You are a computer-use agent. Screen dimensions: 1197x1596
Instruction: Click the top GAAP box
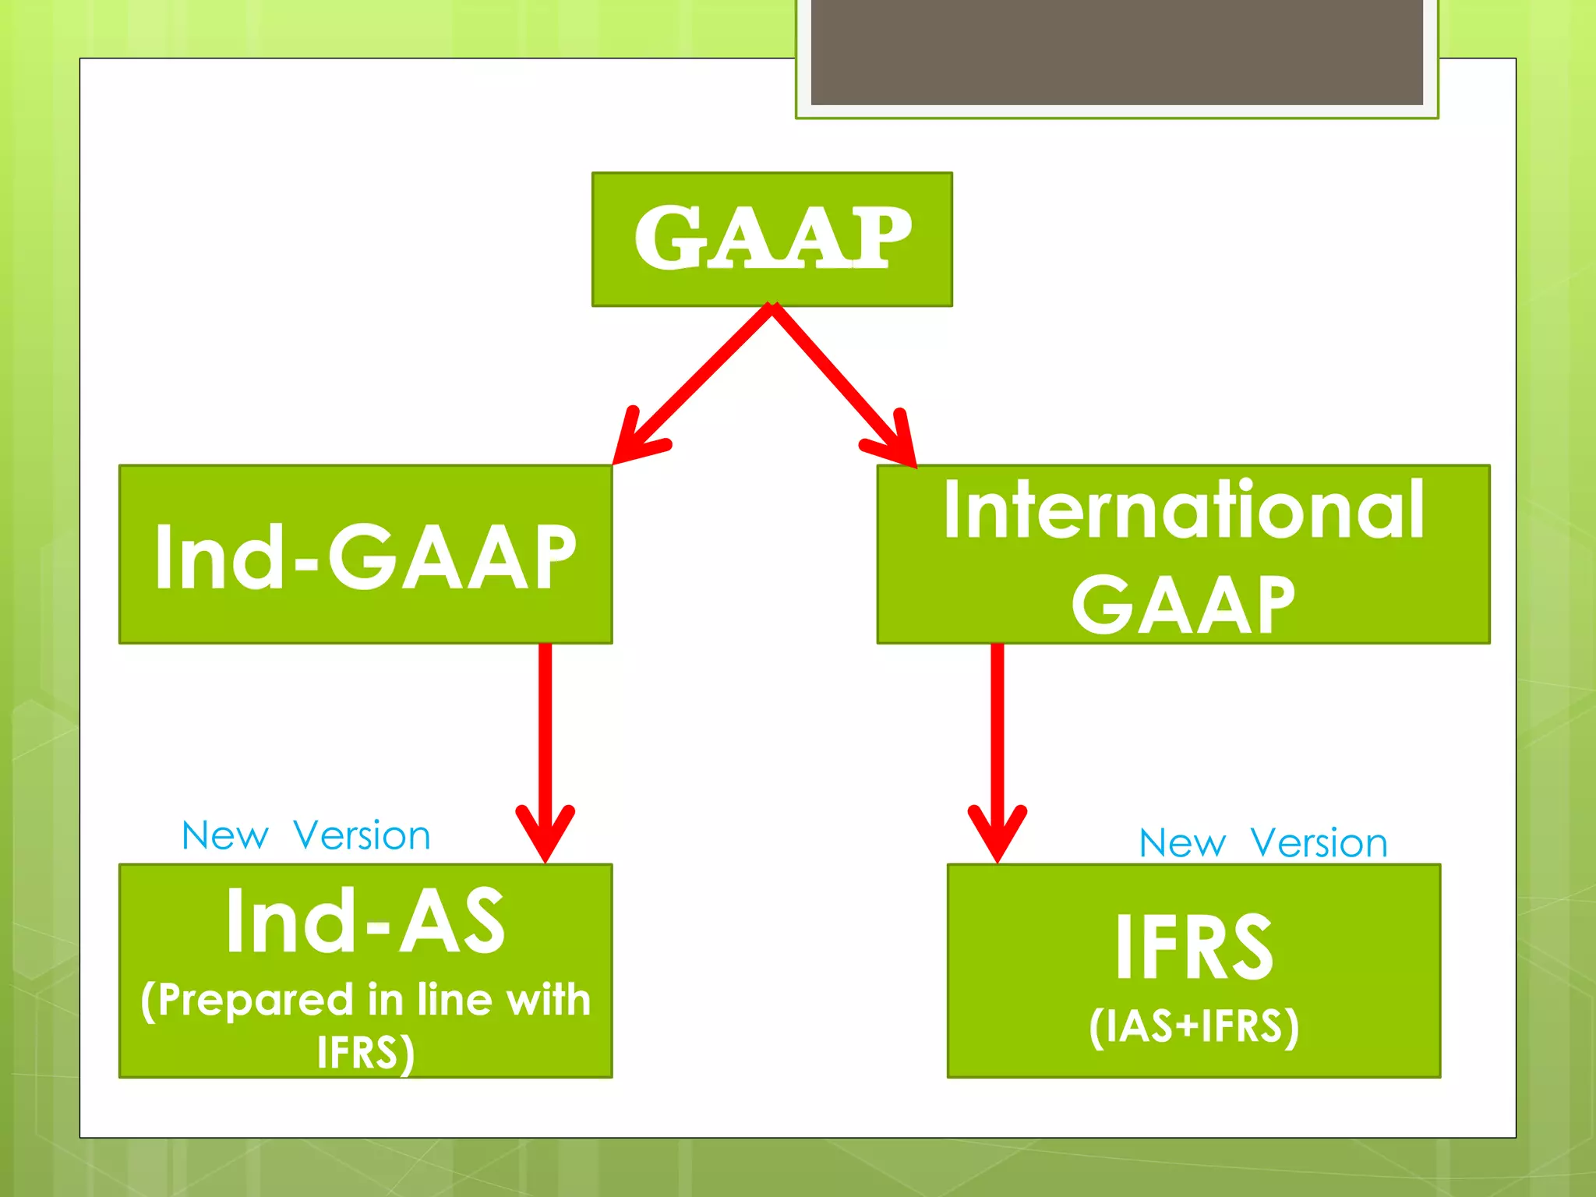pyautogui.click(x=772, y=238)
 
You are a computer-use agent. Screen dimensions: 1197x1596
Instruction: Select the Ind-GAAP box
pyautogui.click(x=365, y=555)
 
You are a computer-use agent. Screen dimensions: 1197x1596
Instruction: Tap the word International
pyautogui.click(x=1183, y=510)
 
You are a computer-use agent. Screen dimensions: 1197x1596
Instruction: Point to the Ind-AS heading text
pyautogui.click(x=365, y=921)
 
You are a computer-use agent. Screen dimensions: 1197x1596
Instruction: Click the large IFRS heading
pyautogui.click(x=1193, y=947)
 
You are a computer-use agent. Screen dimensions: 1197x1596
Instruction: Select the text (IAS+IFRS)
pyautogui.click(x=1193, y=1026)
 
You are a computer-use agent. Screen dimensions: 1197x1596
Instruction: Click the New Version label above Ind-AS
pyautogui.click(x=305, y=835)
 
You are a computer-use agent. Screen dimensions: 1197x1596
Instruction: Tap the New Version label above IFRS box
pyautogui.click(x=1262, y=842)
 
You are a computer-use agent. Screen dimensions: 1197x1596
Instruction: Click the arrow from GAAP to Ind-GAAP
pyautogui.click(x=694, y=382)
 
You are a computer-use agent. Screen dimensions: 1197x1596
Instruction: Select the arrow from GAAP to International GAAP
pyautogui.click(x=842, y=382)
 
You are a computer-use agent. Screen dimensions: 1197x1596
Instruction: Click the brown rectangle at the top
pyautogui.click(x=1116, y=51)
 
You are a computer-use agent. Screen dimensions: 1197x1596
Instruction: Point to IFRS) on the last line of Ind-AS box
pyautogui.click(x=365, y=1052)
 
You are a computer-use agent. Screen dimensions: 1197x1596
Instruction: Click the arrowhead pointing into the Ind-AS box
pyautogui.click(x=546, y=838)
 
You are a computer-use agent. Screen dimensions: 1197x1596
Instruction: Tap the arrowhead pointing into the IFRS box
pyautogui.click(x=997, y=838)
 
